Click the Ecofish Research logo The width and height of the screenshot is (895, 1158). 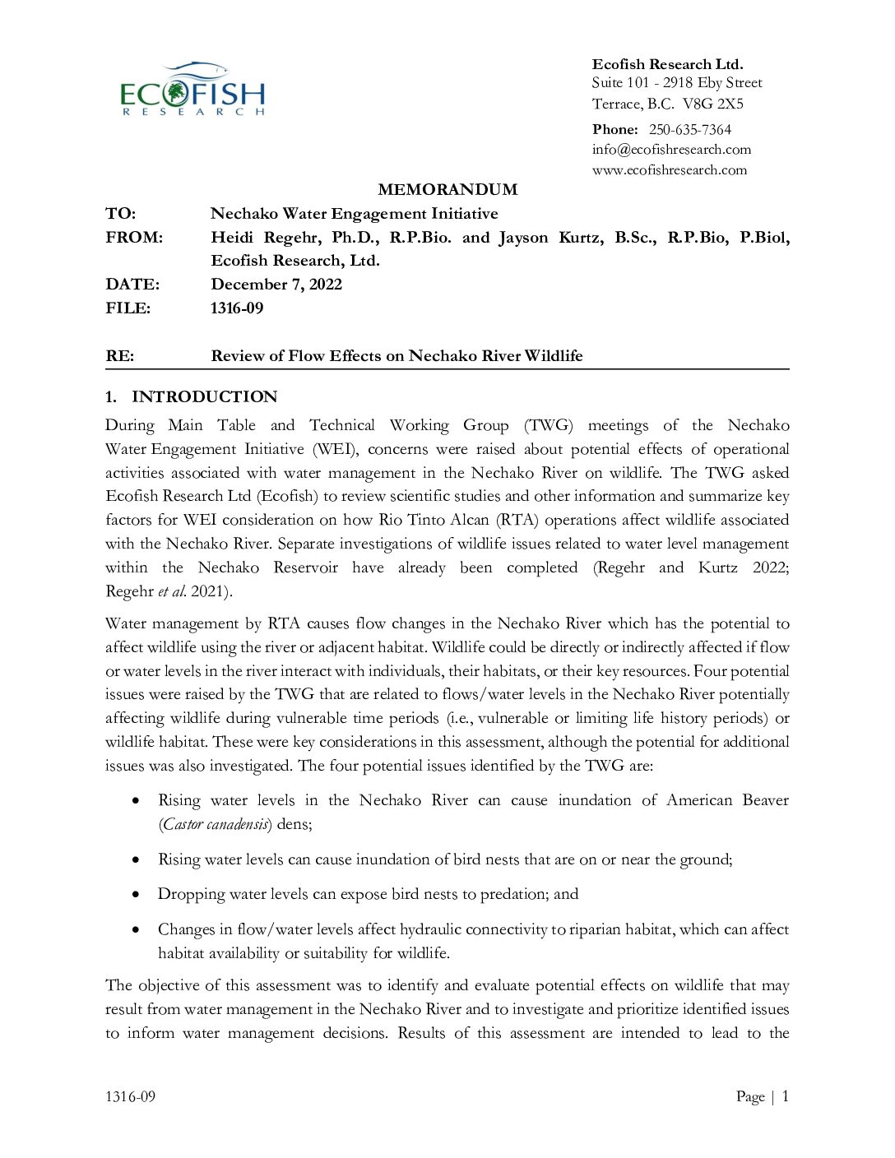tap(193, 89)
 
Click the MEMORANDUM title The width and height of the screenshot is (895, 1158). tap(447, 190)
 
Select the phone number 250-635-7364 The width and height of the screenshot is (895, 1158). tap(689, 129)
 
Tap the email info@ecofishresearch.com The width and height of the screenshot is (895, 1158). tap(671, 150)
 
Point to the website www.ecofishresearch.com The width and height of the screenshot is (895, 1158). tap(670, 170)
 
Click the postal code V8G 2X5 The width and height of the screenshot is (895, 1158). tap(712, 104)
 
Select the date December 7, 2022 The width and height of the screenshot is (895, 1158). tap(276, 285)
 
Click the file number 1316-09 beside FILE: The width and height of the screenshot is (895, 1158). tap(237, 308)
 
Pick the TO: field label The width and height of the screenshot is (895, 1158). tap(121, 214)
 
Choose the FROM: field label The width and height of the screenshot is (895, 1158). tap(134, 238)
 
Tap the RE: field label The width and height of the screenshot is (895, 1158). tap(120, 356)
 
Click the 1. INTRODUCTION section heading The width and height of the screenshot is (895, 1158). tap(192, 397)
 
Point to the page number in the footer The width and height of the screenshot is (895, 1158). tap(785, 1096)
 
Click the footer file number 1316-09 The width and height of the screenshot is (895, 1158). tap(130, 1096)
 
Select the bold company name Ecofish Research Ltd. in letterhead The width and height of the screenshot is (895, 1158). tap(667, 64)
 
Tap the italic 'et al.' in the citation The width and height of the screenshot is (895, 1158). tap(172, 591)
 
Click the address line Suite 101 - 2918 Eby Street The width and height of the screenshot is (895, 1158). tap(677, 83)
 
